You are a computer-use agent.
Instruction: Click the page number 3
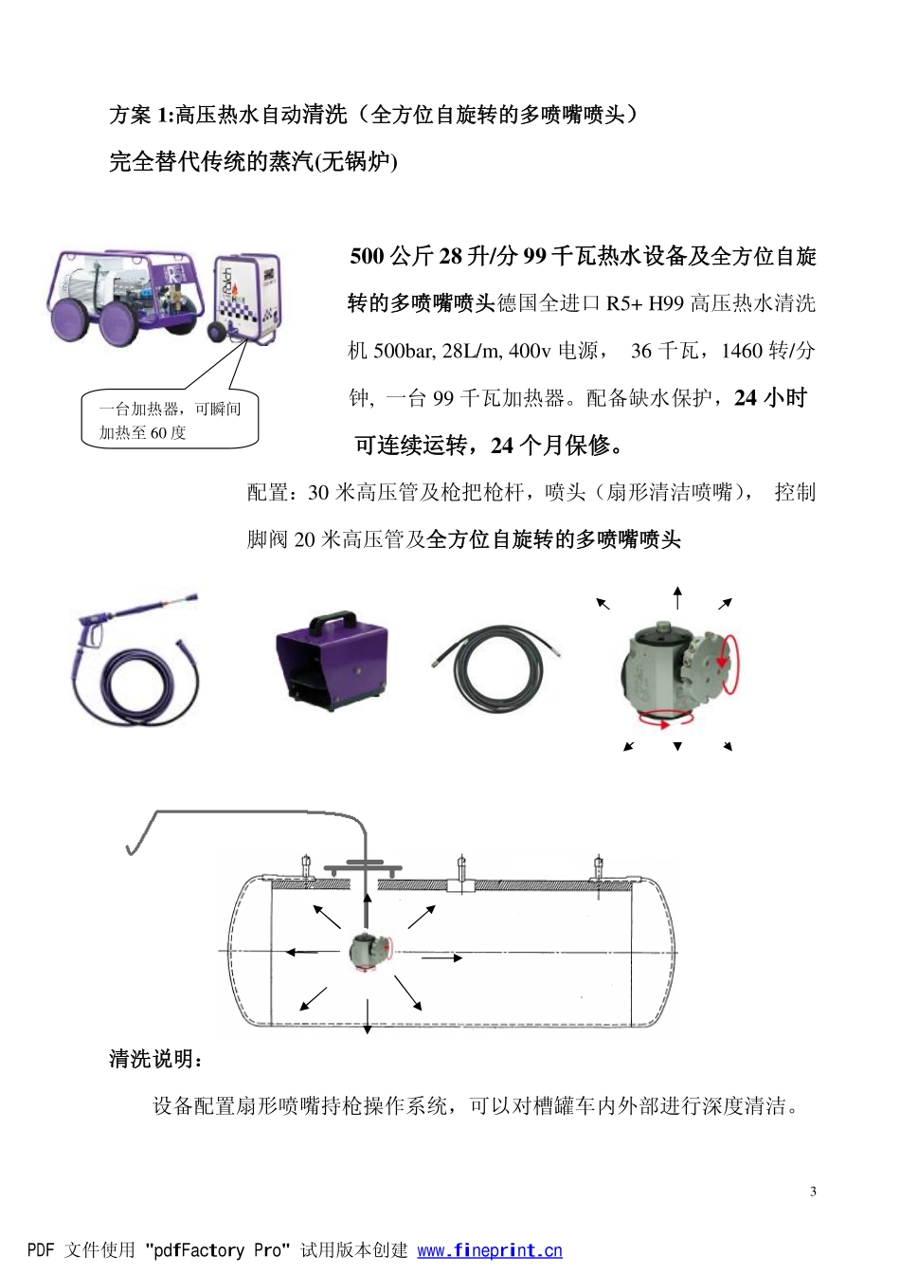point(813,1192)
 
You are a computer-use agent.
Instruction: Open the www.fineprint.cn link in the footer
point(489,1250)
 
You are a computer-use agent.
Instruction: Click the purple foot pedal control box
point(331,660)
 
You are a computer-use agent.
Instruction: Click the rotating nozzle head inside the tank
point(368,951)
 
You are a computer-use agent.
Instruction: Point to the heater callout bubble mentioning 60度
point(170,420)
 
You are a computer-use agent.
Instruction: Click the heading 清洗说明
point(156,1059)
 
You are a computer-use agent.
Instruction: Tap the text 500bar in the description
point(405,351)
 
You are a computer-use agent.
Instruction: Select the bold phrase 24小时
point(770,398)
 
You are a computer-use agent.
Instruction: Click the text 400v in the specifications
point(529,351)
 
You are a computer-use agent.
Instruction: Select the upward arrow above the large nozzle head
point(677,597)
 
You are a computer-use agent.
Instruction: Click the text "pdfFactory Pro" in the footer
point(217,1250)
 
